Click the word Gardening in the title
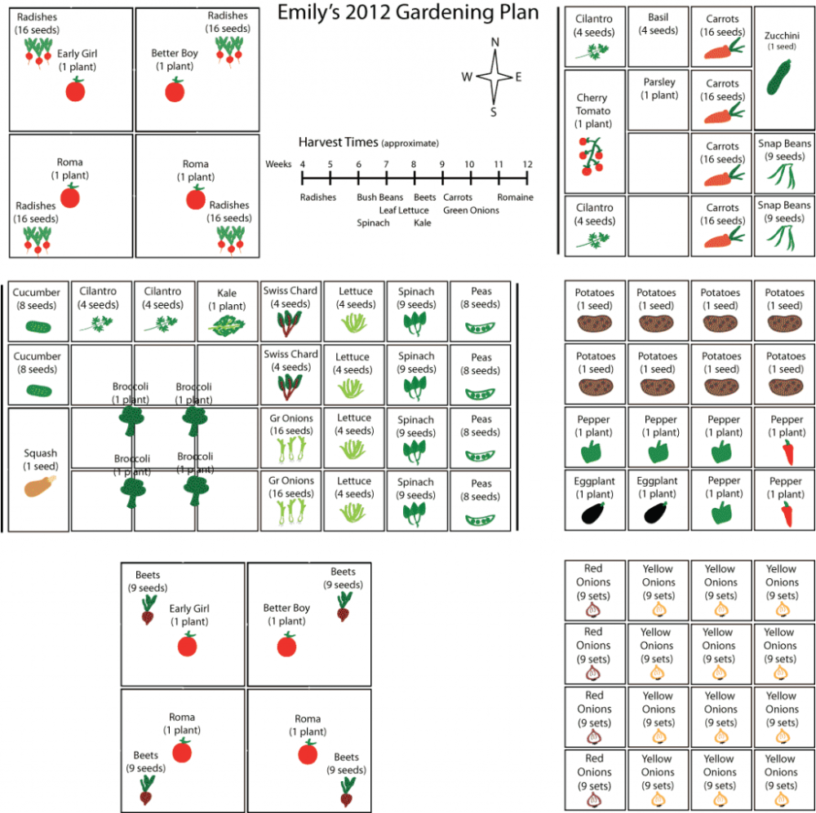pos(441,14)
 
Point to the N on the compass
pos(494,42)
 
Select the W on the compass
pos(467,77)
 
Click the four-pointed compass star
pos(494,77)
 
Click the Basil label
pos(658,17)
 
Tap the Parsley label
pos(659,82)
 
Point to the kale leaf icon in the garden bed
pos(227,326)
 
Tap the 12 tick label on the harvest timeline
pos(527,164)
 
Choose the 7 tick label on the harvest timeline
pos(386,164)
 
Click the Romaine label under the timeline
pos(516,197)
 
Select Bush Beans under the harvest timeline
pos(379,197)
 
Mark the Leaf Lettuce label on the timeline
pos(404,210)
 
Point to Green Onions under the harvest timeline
pos(471,210)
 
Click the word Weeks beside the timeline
pos(278,164)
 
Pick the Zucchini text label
pos(783,35)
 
